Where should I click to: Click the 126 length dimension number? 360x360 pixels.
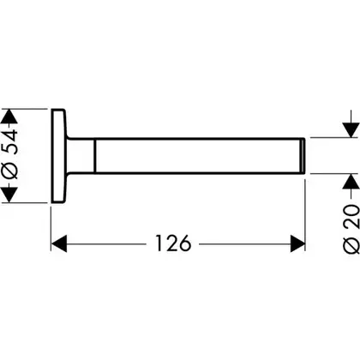173,243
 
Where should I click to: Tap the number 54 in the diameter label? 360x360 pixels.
10,141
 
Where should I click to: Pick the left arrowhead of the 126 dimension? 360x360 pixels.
59,243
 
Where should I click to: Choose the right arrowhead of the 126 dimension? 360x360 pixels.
297,243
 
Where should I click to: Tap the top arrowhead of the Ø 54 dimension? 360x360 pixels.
9,116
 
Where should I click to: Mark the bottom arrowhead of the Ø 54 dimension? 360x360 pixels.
9,195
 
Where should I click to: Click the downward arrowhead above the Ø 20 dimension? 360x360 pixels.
351,130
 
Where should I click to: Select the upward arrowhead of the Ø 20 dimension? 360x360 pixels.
351,181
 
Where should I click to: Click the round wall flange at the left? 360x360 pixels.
59,156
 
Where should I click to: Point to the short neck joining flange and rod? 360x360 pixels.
81,156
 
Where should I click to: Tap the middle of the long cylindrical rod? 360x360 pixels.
197,156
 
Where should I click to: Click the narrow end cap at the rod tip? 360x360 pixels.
303,156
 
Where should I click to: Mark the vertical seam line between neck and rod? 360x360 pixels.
95,156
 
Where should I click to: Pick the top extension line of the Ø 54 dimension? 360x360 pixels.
24,109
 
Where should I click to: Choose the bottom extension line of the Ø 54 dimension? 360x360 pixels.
24,203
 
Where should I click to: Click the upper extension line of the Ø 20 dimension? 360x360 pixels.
334,137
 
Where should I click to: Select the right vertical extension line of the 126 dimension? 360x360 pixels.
305,215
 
